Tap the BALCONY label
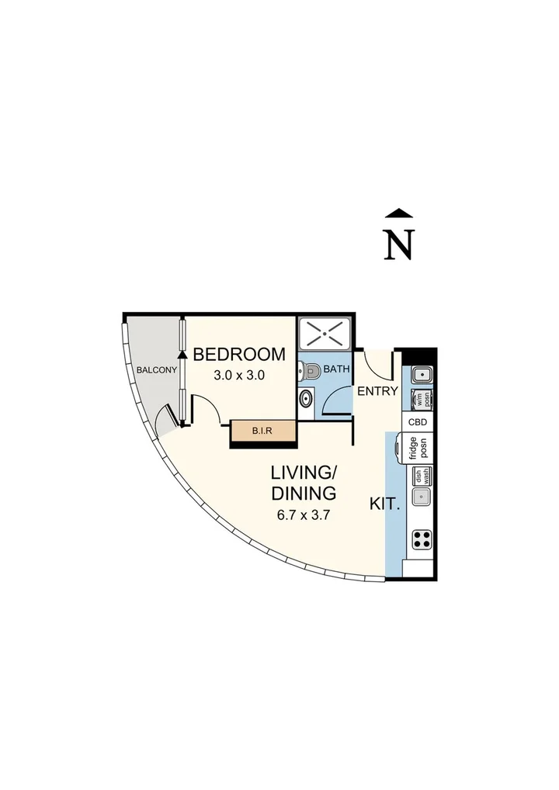point(157,370)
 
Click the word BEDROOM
point(239,355)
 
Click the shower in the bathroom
point(325,334)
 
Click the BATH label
point(336,369)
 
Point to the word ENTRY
point(377,391)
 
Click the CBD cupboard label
point(418,422)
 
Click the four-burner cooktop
point(421,539)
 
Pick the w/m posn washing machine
point(421,399)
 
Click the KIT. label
point(385,503)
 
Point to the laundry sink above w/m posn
point(421,375)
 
